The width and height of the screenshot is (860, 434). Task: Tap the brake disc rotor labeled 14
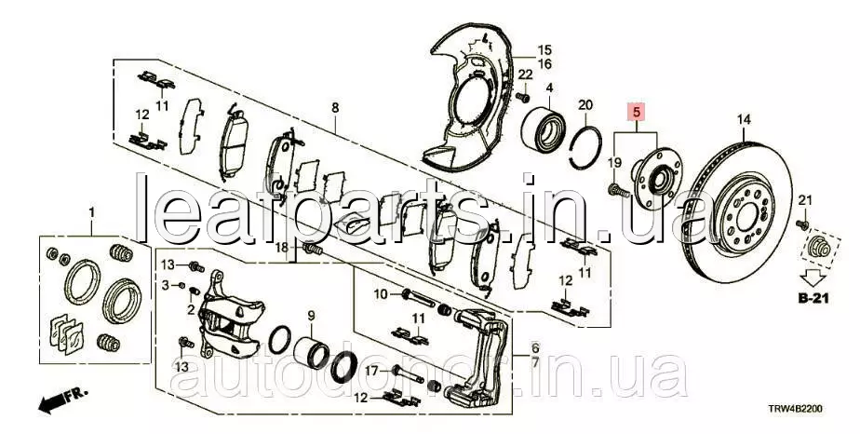point(739,211)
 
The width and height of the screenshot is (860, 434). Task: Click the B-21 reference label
point(813,299)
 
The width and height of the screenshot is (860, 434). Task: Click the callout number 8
point(335,107)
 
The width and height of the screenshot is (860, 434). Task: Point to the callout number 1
point(92,212)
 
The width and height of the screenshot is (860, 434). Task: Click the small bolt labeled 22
point(523,98)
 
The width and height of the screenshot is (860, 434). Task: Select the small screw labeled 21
point(802,224)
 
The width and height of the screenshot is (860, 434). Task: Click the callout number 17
point(371,371)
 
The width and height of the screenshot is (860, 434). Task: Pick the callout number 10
point(381,294)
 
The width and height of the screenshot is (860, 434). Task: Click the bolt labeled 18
point(313,251)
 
